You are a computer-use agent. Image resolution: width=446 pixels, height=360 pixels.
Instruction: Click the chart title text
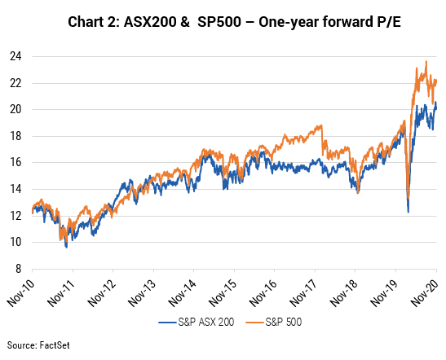(234, 22)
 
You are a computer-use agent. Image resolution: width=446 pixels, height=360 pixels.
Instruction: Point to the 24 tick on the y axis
(15, 56)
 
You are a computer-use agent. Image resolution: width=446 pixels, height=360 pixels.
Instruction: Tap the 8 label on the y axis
(19, 269)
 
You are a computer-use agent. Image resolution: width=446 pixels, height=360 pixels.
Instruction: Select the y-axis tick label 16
(15, 162)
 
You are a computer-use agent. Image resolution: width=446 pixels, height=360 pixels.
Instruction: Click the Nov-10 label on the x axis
(20, 292)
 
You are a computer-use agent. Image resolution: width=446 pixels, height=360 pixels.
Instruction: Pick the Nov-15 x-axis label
(223, 292)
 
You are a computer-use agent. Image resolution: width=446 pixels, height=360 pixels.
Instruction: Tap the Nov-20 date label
(426, 292)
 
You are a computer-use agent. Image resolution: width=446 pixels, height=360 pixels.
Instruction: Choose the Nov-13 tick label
(142, 292)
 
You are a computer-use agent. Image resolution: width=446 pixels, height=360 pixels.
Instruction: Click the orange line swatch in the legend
(255, 323)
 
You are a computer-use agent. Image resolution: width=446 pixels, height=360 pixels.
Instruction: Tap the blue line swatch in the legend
(167, 323)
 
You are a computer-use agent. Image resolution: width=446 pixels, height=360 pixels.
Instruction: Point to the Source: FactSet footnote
(38, 345)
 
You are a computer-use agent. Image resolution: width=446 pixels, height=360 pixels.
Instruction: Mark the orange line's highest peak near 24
(426, 61)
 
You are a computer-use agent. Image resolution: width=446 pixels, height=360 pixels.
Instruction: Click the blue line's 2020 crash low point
(408, 212)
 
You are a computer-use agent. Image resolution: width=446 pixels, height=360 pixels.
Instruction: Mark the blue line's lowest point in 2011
(67, 248)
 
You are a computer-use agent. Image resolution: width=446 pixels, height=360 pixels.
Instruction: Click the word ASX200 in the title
(150, 22)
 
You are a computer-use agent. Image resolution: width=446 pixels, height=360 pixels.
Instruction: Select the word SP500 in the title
(219, 22)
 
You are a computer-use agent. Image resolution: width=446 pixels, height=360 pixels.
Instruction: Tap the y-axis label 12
(15, 216)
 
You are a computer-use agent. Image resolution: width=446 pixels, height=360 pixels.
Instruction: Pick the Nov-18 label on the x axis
(344, 292)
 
